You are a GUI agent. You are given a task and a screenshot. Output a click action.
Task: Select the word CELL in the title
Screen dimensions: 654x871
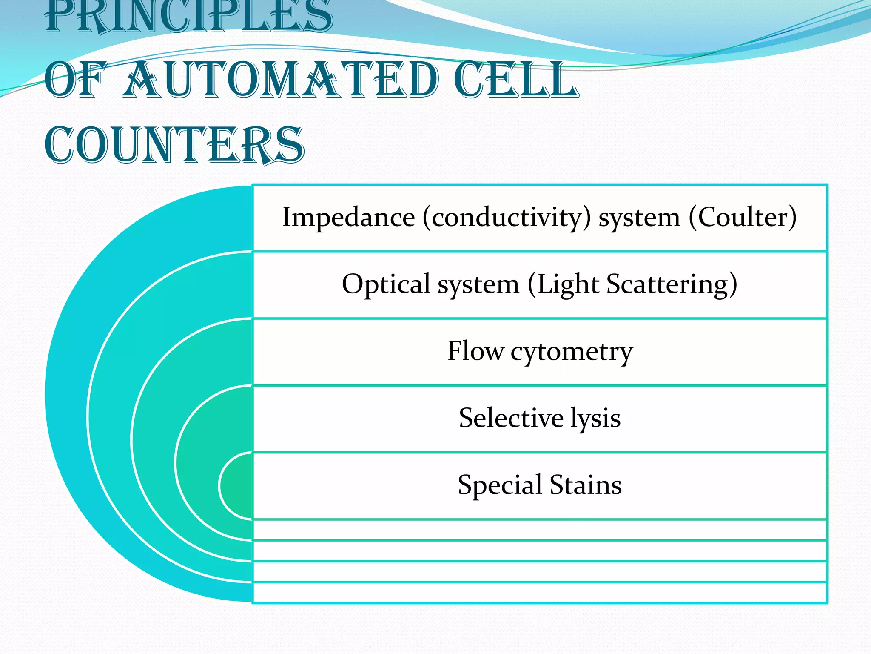point(516,80)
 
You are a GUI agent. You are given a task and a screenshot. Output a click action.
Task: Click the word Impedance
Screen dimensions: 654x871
point(349,218)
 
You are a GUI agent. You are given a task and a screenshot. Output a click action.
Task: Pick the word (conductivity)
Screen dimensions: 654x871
point(507,218)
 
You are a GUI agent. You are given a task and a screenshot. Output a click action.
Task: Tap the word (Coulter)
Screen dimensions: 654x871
point(743,218)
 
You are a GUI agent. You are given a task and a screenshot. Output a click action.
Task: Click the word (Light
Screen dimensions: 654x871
point(564,284)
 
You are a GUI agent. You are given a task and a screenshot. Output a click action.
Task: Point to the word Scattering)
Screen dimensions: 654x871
point(672,284)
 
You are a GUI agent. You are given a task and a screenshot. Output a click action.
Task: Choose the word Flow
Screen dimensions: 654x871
point(475,351)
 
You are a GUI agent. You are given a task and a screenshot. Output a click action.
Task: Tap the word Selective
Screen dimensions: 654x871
point(511,418)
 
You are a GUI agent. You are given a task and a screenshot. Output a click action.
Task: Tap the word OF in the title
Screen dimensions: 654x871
point(74,80)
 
